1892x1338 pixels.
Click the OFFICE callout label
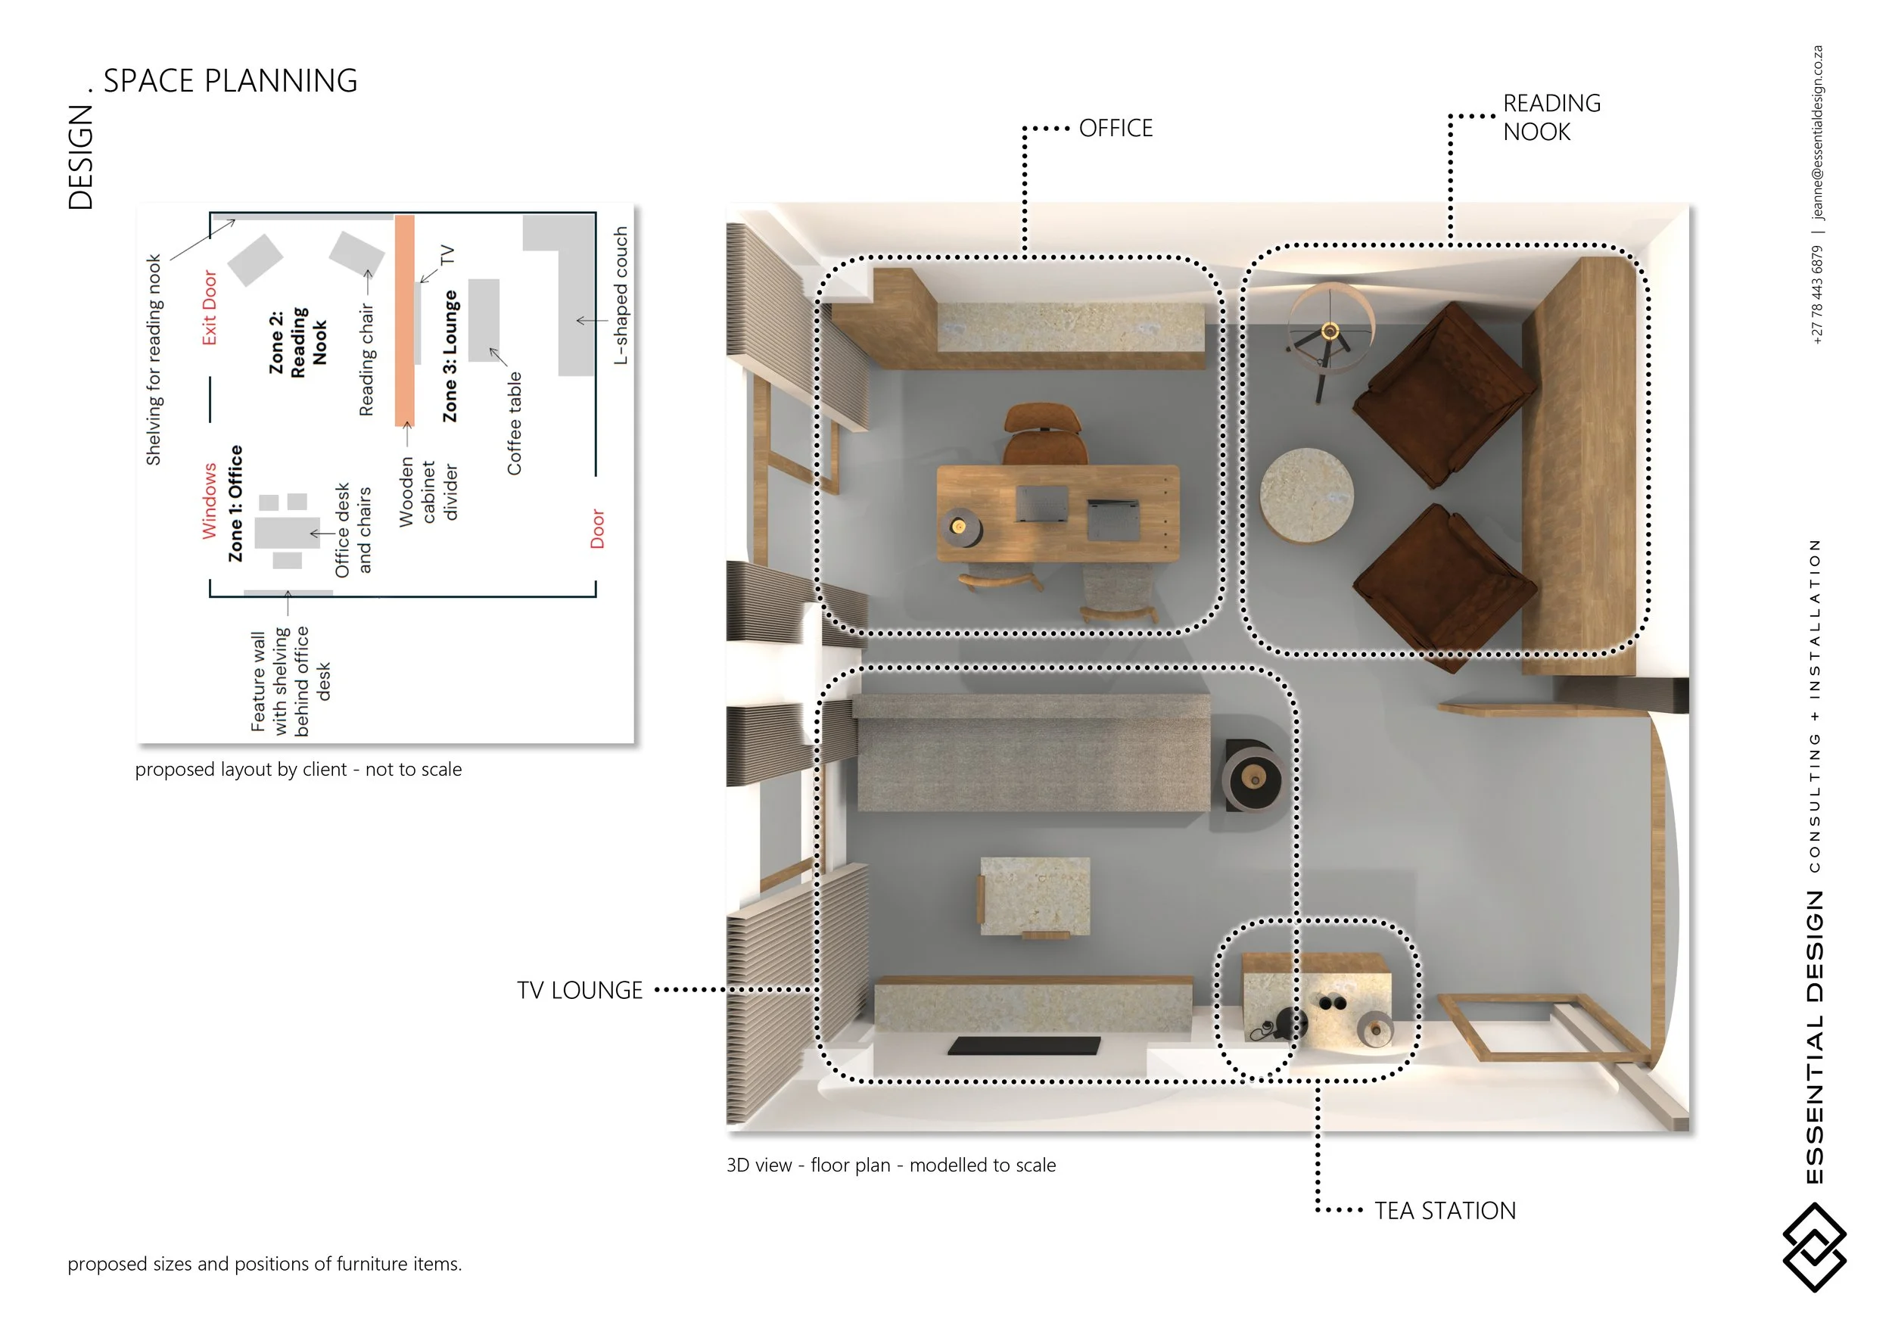point(1116,129)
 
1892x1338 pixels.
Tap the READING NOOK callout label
point(1551,117)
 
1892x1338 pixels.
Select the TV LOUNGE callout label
point(579,991)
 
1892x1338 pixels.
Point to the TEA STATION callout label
point(1445,1210)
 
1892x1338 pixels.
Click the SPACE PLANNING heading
point(230,81)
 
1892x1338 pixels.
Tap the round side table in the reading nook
point(1306,495)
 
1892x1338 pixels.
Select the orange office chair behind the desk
point(1044,434)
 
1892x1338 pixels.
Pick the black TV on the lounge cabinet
point(1023,1046)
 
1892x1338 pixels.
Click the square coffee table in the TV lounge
point(1035,896)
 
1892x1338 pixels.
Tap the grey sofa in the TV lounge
point(1032,752)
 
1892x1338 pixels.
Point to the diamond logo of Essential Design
point(1814,1246)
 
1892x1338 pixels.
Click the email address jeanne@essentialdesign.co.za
point(1817,132)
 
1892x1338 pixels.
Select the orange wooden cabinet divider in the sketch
point(405,320)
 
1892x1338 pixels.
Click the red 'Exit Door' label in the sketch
point(210,307)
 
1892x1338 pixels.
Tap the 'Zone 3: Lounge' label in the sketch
point(450,356)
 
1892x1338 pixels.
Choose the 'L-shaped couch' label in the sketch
point(621,296)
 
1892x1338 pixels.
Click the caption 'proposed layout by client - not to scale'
point(298,770)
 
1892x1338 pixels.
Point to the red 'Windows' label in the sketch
point(210,501)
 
